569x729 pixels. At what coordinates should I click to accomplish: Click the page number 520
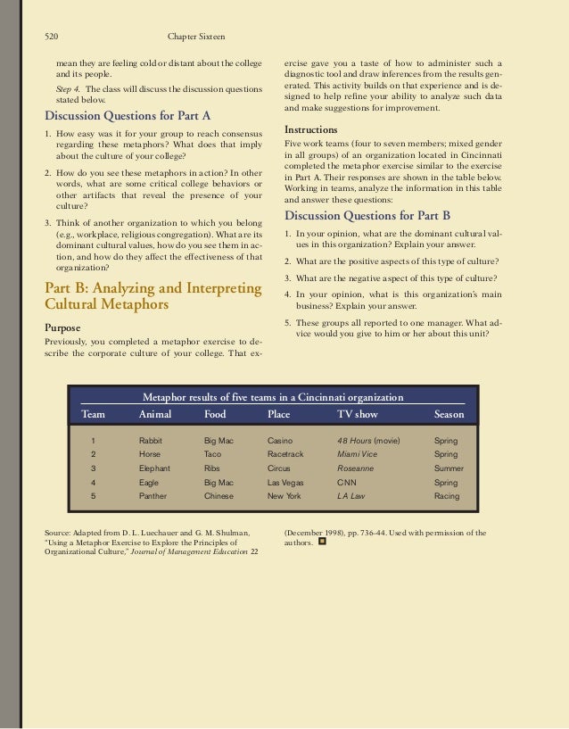[53, 37]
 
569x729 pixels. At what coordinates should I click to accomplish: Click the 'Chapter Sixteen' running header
[196, 37]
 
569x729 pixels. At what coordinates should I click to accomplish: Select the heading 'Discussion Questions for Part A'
[128, 116]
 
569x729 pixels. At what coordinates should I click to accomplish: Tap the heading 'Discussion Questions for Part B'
[367, 216]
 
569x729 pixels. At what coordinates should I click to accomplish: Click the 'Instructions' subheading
[311, 129]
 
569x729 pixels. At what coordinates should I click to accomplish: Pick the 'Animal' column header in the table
[156, 414]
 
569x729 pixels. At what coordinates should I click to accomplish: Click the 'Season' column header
[449, 414]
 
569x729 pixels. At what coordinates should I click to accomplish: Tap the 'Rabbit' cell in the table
[151, 441]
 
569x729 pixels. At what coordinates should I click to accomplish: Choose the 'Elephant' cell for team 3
[155, 468]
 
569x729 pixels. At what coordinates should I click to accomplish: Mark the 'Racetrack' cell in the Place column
[285, 454]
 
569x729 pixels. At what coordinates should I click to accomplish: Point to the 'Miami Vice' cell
[357, 454]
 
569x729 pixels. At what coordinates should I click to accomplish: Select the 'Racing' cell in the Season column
[447, 495]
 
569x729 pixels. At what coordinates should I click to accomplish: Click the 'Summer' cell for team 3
[449, 468]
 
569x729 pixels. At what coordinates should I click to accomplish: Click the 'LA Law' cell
[351, 495]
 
